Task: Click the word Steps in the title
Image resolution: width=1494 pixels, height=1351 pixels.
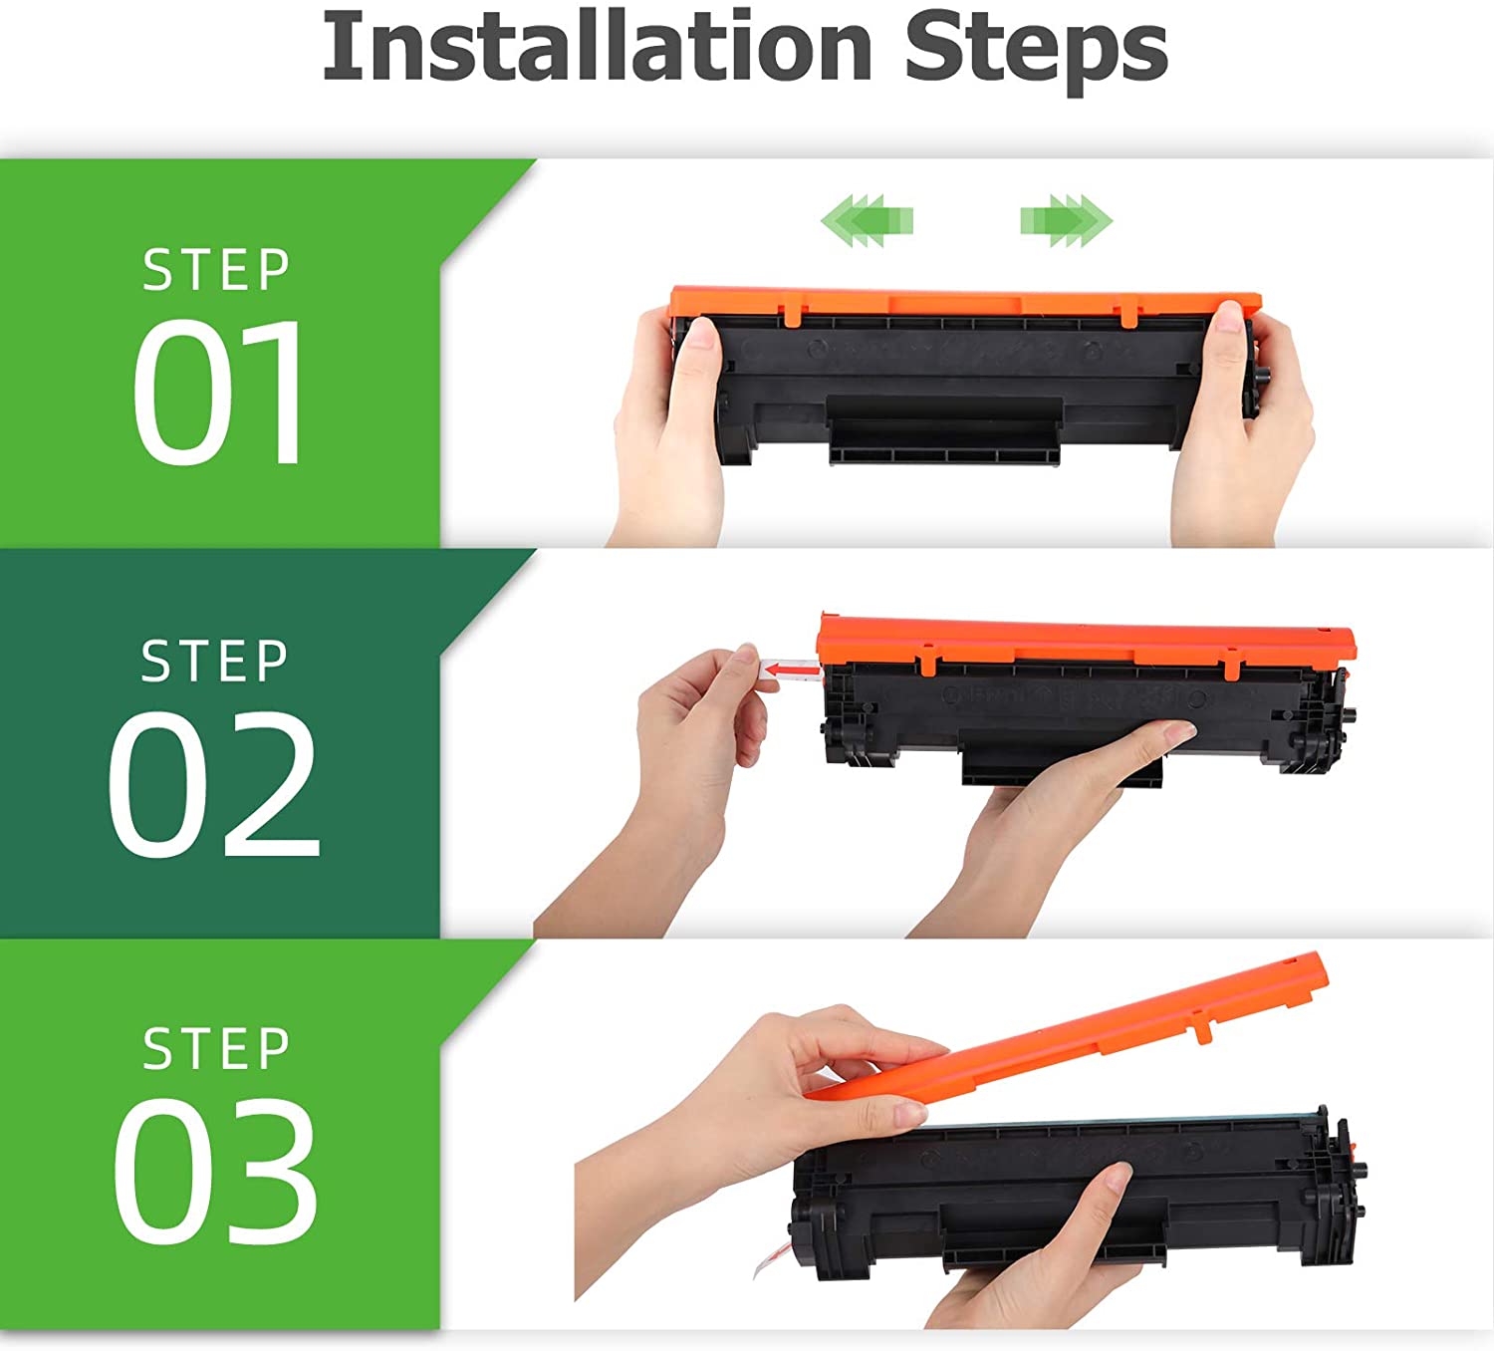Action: pos(1036,52)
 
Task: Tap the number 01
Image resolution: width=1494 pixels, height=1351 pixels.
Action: pos(217,392)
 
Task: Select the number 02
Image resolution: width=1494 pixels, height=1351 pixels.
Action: pos(214,783)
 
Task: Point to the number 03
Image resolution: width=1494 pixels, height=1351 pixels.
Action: pos(215,1173)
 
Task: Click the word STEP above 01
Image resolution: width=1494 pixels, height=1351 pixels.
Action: pos(216,270)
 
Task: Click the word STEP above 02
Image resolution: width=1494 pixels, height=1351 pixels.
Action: pos(214,661)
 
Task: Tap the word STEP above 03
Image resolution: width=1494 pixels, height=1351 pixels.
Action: pos(216,1049)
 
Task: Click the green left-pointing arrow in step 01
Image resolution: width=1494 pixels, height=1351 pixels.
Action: pos(867,220)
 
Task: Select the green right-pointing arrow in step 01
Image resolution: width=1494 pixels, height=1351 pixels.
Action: pos(1067,220)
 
